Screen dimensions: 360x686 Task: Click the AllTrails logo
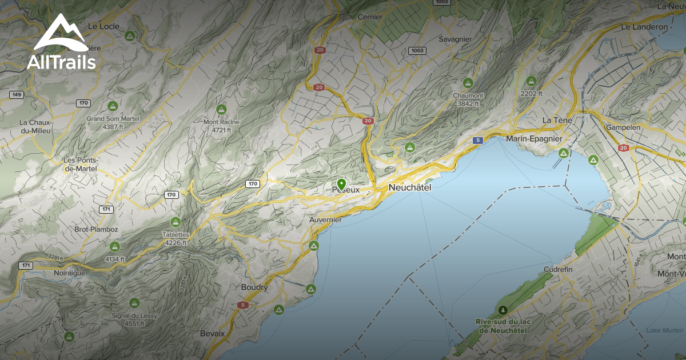click(61, 42)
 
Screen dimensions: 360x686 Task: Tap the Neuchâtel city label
click(409, 187)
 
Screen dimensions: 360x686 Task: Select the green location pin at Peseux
click(341, 184)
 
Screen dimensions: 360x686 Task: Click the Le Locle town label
click(104, 26)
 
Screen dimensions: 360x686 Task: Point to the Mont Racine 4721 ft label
click(221, 126)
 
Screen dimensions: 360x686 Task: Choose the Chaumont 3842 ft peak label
click(468, 99)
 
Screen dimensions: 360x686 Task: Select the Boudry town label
click(254, 287)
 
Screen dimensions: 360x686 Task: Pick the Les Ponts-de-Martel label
click(81, 164)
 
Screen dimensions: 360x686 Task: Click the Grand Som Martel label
click(113, 118)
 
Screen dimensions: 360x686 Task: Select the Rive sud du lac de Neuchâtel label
click(503, 326)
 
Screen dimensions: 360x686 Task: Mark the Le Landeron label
click(644, 27)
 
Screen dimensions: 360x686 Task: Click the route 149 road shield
click(16, 94)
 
